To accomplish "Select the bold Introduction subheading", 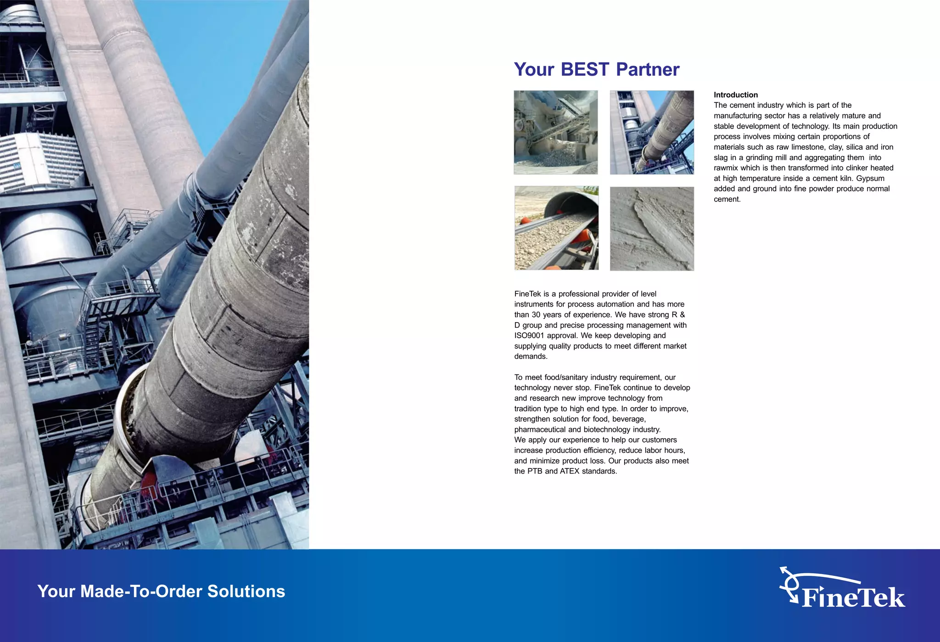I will [x=735, y=95].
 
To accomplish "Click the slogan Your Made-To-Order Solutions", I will [x=161, y=591].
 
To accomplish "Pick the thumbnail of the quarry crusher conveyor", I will [x=555, y=132].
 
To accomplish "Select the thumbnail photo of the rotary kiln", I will [x=652, y=132].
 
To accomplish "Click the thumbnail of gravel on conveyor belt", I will [x=556, y=228].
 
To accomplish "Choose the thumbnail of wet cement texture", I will [x=652, y=229].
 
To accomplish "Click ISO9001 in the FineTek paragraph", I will [x=529, y=335].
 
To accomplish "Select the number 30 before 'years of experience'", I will [x=536, y=315].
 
